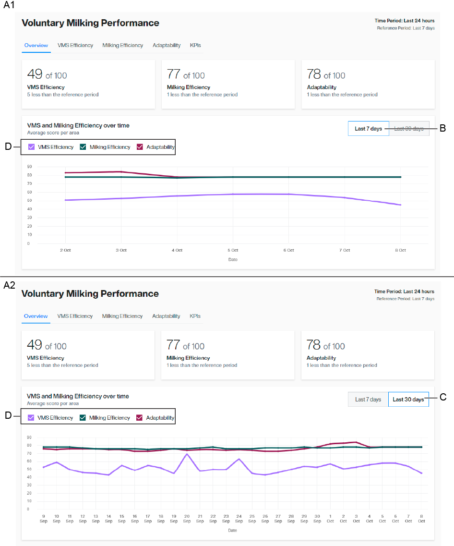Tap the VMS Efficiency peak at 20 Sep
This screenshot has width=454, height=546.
tap(187, 454)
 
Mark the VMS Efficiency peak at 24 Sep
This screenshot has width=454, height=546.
tap(239, 459)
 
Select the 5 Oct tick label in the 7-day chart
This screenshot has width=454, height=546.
tap(233, 250)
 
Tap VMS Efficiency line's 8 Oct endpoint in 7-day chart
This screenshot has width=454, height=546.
tap(400, 205)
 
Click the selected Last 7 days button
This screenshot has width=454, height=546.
tap(368, 129)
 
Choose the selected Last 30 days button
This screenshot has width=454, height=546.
tap(408, 400)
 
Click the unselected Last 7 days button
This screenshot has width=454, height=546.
tap(368, 400)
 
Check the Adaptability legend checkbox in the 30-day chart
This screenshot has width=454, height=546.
tap(140, 418)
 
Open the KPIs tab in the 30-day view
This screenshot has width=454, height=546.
tap(195, 316)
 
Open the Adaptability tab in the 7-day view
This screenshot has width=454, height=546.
tap(167, 45)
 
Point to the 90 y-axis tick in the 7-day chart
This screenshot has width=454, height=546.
tap(29, 167)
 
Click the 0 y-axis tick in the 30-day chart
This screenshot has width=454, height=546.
tap(29, 509)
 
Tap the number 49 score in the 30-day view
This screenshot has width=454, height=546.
tap(35, 345)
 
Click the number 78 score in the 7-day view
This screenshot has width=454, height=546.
tap(314, 74)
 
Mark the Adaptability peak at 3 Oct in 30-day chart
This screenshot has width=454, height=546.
tap(356, 442)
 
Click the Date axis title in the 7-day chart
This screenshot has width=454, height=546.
tap(233, 259)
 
